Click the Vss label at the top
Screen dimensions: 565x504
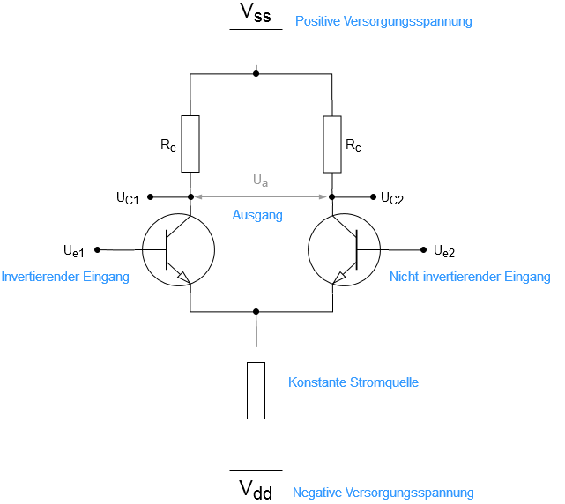point(256,12)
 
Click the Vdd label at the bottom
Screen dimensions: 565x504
point(256,490)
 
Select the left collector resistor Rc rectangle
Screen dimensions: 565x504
point(190,145)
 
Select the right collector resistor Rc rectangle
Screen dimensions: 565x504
point(332,145)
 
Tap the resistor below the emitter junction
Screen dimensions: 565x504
point(256,391)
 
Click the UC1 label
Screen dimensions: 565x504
point(128,198)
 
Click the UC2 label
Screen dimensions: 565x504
point(392,198)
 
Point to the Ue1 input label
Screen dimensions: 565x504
point(74,251)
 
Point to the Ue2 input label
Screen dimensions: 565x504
point(444,251)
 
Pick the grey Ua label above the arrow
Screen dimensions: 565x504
point(261,181)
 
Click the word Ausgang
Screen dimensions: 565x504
point(257,216)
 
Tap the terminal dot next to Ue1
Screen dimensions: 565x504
point(97,249)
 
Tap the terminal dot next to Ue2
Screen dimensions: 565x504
point(424,249)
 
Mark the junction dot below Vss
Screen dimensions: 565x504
point(256,74)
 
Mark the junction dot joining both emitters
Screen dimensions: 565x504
point(256,311)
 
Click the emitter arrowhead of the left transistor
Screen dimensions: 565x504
point(183,278)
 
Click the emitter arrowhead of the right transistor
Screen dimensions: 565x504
point(339,278)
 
